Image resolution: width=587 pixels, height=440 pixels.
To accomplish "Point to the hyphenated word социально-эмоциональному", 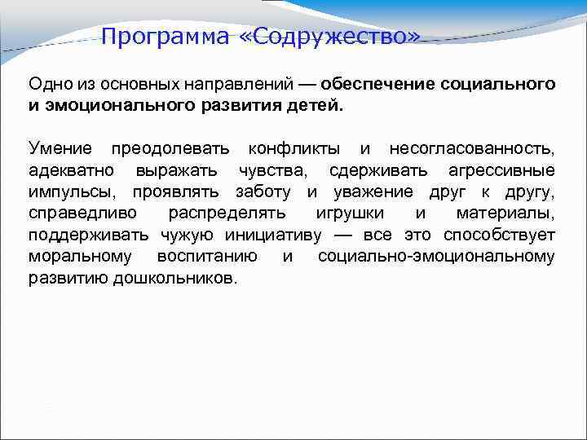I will coord(436,257).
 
